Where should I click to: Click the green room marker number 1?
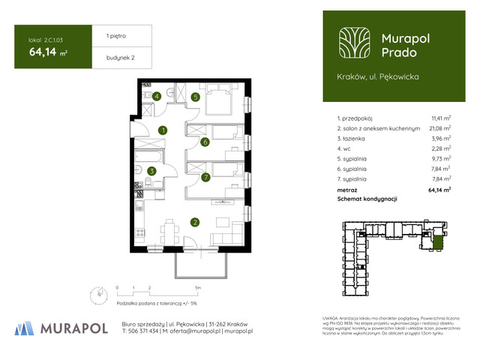(163, 130)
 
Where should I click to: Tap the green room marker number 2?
(194, 222)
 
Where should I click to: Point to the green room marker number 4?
(157, 96)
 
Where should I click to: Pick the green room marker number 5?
(195, 97)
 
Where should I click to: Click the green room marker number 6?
(205, 142)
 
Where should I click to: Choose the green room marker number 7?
(205, 178)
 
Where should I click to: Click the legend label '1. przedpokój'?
(355, 118)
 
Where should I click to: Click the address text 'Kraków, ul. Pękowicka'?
(378, 76)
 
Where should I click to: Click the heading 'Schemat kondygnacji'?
(367, 199)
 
